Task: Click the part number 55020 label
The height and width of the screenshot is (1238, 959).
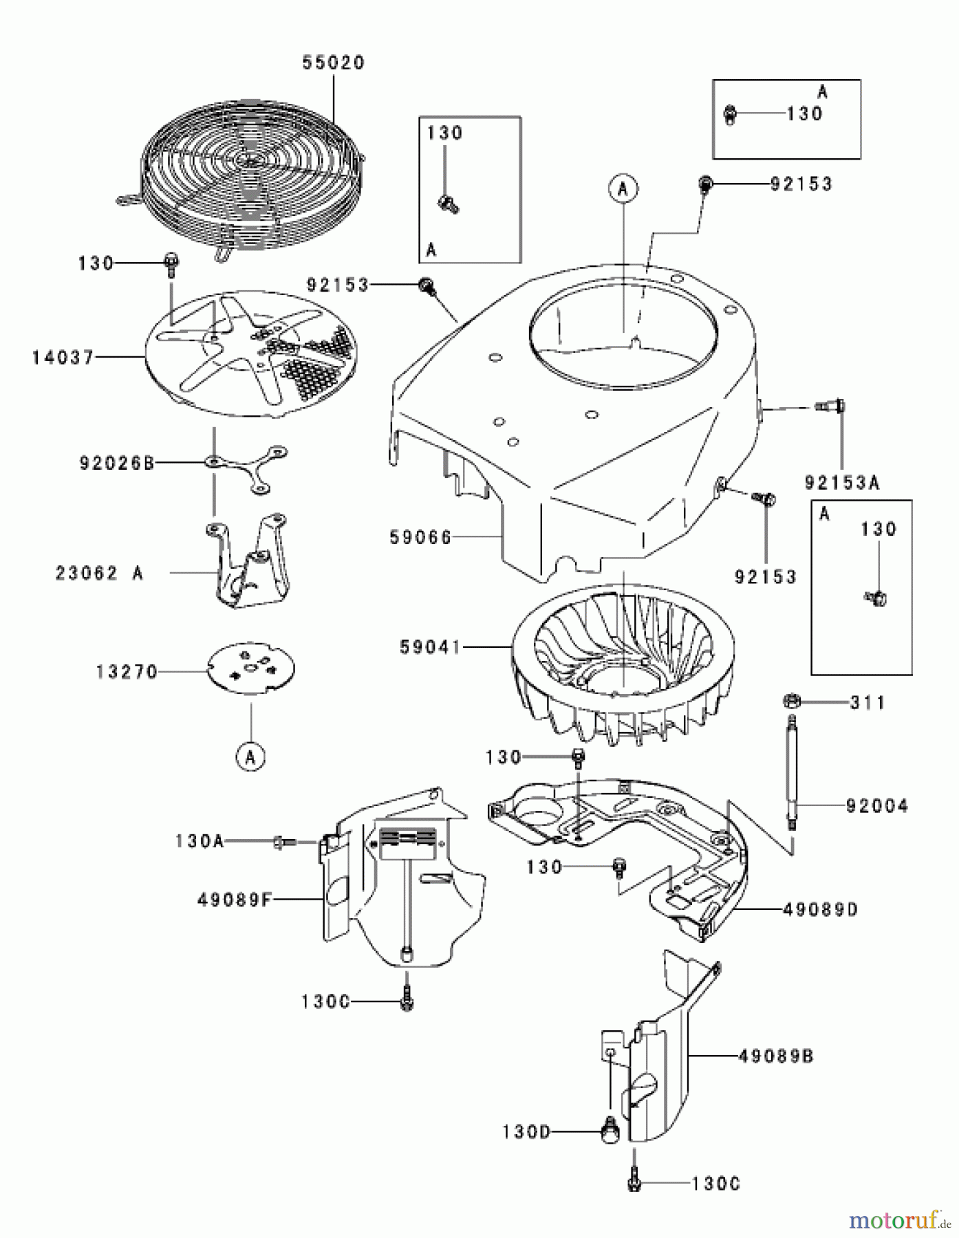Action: click(x=334, y=63)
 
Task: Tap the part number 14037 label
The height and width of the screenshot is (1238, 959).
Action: click(x=63, y=358)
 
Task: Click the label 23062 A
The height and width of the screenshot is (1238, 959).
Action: click(x=100, y=573)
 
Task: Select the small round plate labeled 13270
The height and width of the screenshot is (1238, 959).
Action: click(x=251, y=667)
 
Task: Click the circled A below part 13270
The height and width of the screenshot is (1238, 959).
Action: click(x=250, y=757)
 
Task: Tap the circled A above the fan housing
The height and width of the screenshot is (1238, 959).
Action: click(x=623, y=188)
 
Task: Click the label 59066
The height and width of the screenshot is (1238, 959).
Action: click(x=421, y=537)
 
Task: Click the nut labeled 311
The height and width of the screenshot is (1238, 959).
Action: click(x=790, y=702)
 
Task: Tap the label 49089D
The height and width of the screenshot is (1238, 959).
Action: click(x=820, y=910)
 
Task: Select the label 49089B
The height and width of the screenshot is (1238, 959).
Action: click(x=775, y=1055)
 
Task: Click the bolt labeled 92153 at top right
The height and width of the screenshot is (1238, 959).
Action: click(x=705, y=184)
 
